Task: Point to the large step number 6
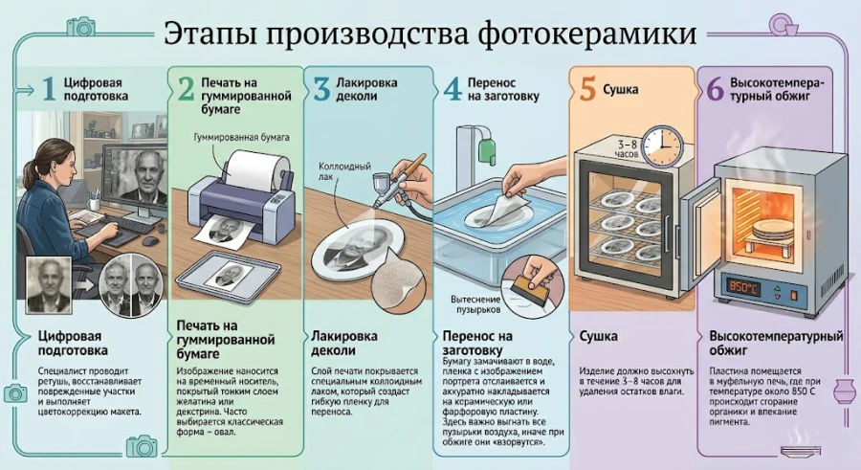click(714, 90)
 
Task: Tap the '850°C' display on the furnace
click(744, 285)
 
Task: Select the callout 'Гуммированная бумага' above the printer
click(232, 139)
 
